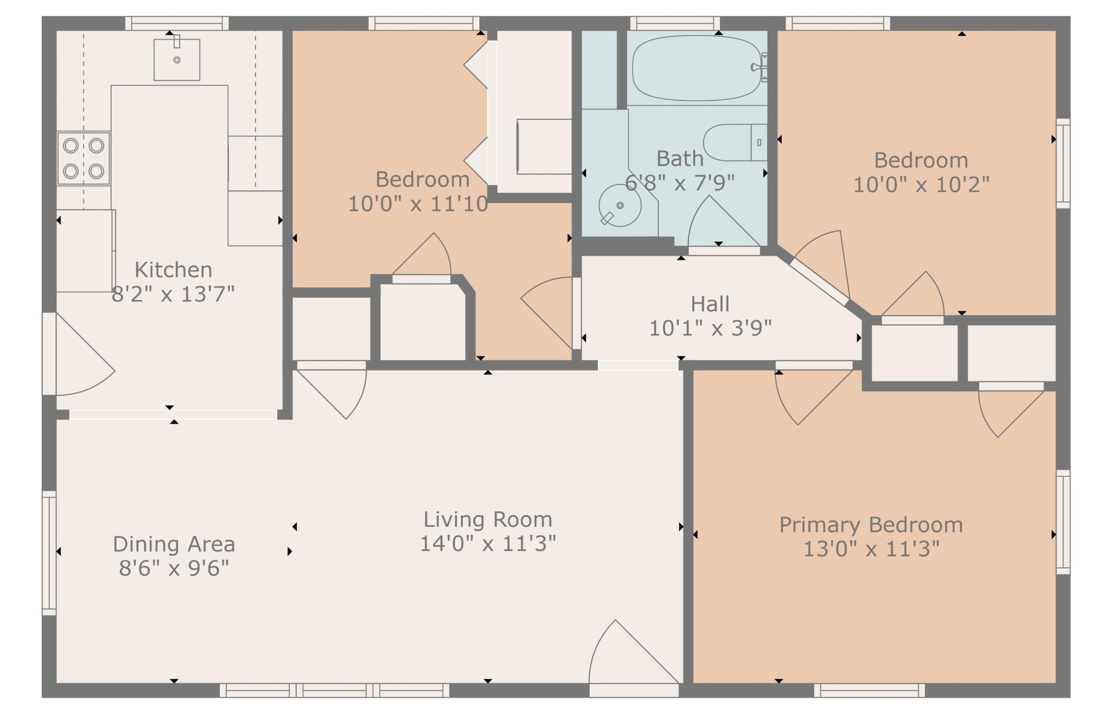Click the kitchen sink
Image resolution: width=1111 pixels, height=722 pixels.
177,59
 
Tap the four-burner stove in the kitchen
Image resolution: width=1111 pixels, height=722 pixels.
84,158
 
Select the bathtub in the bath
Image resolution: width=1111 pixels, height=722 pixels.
697,68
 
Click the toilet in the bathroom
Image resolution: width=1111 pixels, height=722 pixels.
735,142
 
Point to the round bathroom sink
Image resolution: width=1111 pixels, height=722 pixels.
620,206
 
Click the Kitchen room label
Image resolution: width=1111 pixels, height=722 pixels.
173,270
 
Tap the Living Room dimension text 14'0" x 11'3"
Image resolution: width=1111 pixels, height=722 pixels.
488,544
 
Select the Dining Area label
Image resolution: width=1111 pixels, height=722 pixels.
174,544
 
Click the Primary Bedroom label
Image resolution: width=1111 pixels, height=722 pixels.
871,525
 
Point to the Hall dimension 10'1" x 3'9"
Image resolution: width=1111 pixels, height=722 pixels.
710,328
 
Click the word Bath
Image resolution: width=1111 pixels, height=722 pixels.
680,159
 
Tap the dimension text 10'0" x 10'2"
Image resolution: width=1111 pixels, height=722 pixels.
921,185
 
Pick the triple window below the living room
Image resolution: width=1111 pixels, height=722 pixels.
335,690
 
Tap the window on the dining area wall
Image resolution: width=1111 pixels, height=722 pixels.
49,553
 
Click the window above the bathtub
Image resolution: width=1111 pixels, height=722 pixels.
675,23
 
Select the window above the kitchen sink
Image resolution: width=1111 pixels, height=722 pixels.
177,23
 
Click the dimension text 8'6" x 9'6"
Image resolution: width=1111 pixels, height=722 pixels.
174,569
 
